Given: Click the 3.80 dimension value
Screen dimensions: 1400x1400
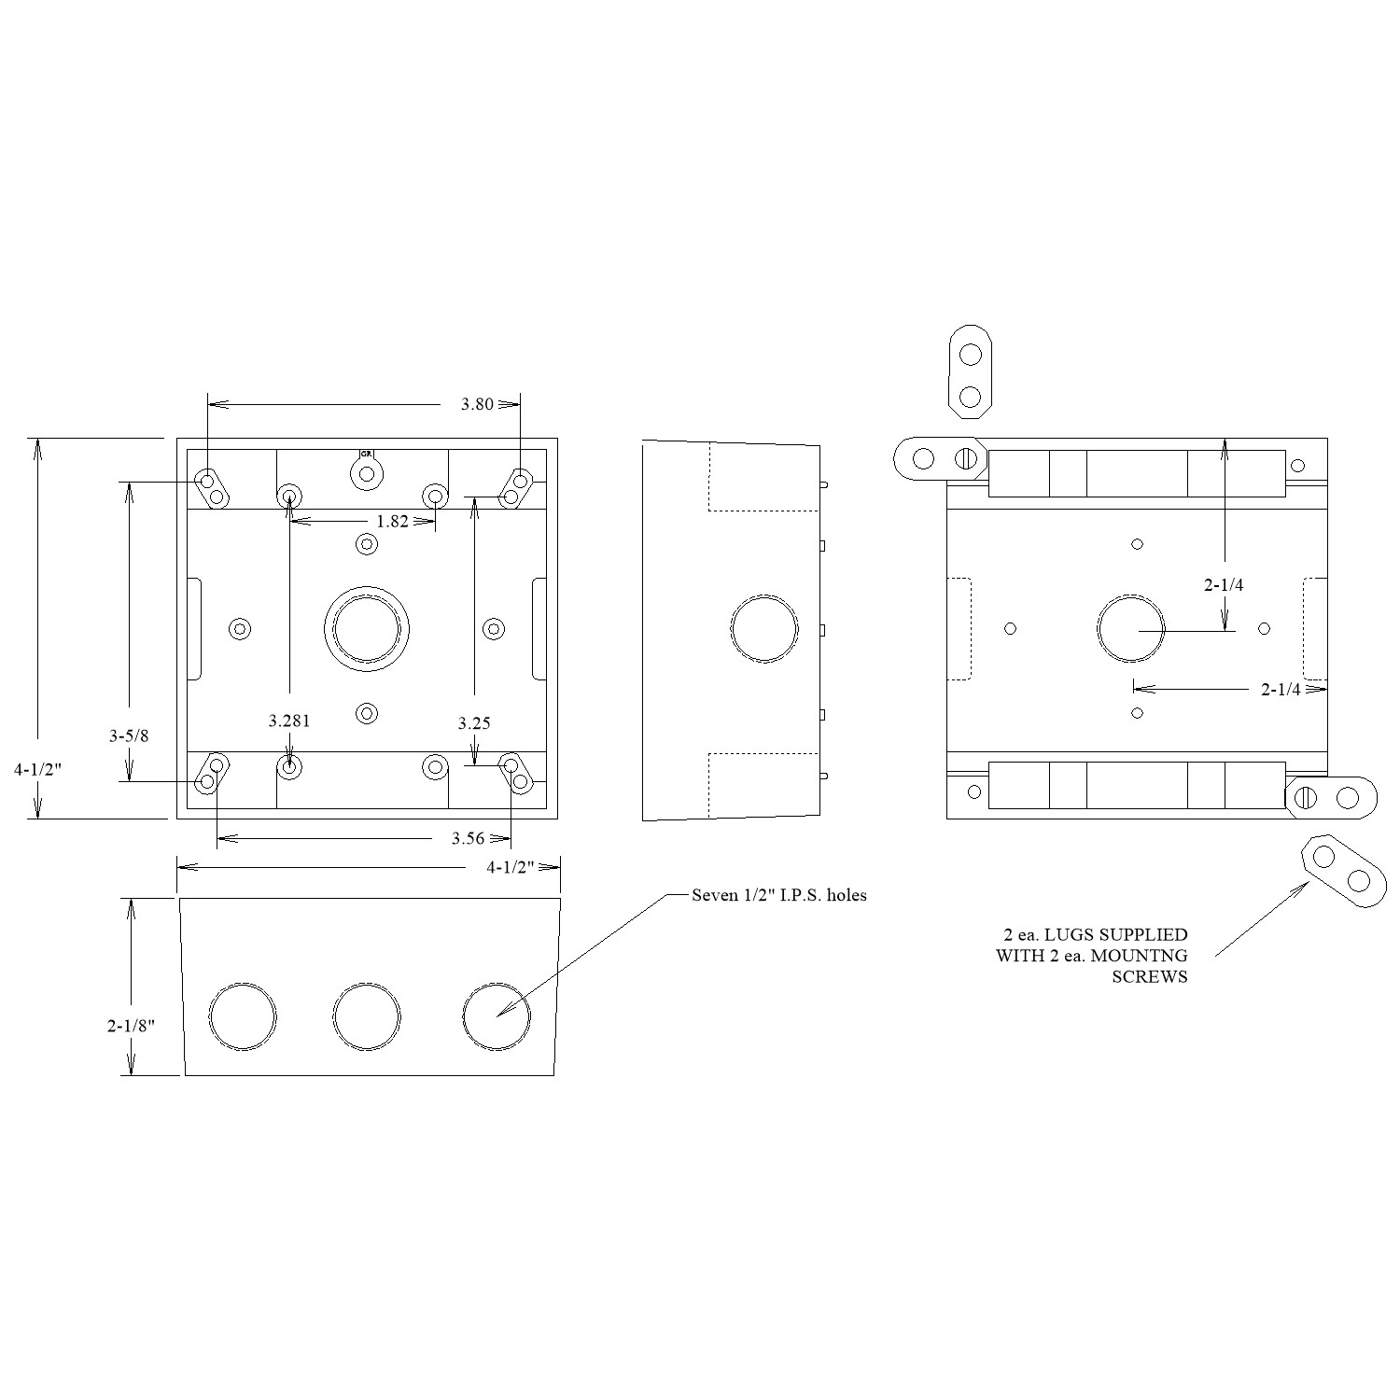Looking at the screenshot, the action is click(476, 405).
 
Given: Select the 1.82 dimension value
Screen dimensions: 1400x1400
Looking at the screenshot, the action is click(393, 522).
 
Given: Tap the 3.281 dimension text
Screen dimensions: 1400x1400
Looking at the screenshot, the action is click(289, 721).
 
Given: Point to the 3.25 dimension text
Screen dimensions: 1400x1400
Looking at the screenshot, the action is click(474, 723).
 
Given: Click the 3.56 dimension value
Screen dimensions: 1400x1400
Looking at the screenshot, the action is click(468, 838).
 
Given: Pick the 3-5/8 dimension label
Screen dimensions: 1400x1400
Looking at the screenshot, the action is click(130, 735).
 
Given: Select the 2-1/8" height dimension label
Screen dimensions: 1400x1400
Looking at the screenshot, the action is click(131, 1025).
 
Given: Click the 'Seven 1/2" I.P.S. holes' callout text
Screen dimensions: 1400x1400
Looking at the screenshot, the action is click(779, 895).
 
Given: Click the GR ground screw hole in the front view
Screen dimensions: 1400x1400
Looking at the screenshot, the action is click(367, 474).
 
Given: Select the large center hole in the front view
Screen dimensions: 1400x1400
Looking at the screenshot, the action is click(367, 628).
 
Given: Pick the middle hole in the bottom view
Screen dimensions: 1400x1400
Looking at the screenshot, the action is click(367, 1017).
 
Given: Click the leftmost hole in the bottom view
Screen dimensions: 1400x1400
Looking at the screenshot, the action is click(244, 1017).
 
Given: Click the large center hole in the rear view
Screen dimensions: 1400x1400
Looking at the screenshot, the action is click(1131, 628).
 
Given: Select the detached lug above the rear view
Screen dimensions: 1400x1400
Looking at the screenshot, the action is click(971, 371).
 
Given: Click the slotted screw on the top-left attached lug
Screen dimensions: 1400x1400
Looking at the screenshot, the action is click(967, 458).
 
